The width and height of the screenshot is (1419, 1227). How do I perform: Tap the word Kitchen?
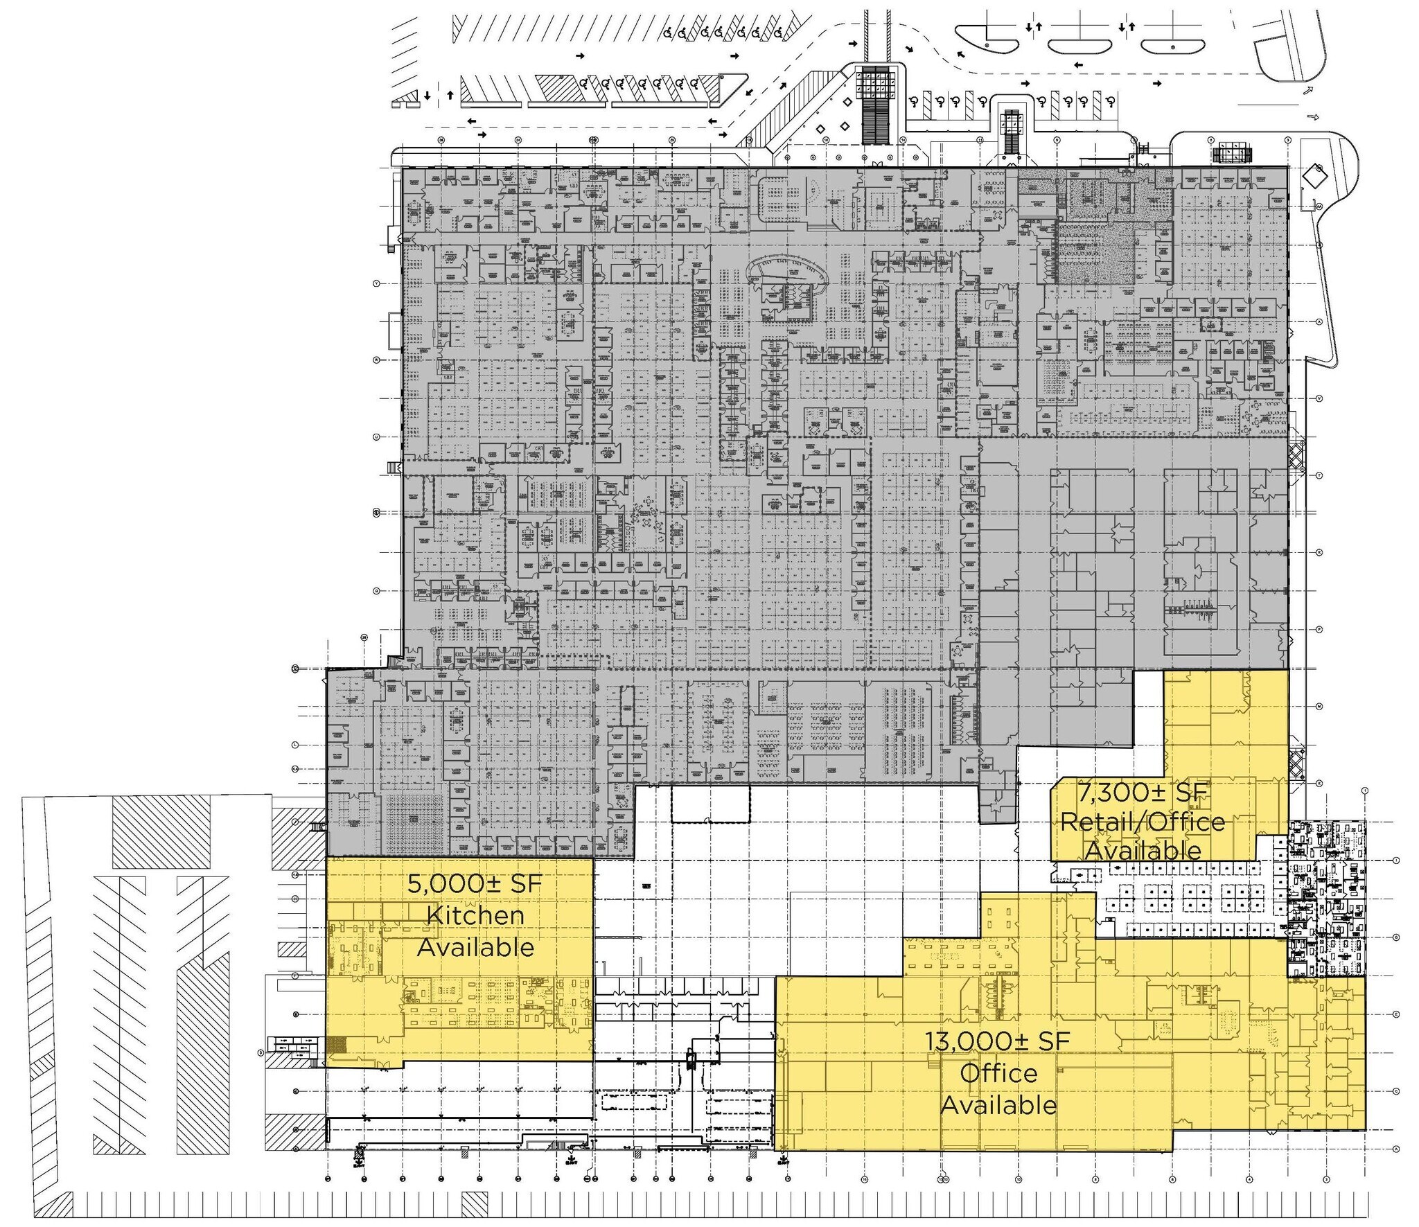click(475, 915)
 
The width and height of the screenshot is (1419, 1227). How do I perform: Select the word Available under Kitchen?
click(475, 947)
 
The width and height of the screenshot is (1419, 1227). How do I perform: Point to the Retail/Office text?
click(1143, 822)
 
